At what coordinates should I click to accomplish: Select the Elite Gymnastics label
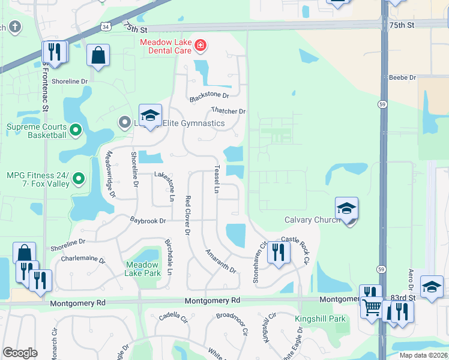[193, 124]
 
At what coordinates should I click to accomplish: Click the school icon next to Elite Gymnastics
[150, 115]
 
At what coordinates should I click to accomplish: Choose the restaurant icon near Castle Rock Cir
[277, 251]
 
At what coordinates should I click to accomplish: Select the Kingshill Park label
[321, 319]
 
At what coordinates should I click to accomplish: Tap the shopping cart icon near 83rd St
[372, 308]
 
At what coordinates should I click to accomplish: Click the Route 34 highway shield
[106, 27]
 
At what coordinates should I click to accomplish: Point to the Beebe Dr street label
[402, 77]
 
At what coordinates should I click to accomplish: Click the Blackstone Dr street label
[209, 96]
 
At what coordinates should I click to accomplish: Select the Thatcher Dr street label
[228, 111]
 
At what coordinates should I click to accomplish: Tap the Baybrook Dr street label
[148, 221]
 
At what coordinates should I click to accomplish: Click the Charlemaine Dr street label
[83, 260]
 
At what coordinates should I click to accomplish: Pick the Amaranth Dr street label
[221, 262]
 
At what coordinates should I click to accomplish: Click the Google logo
[20, 353]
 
